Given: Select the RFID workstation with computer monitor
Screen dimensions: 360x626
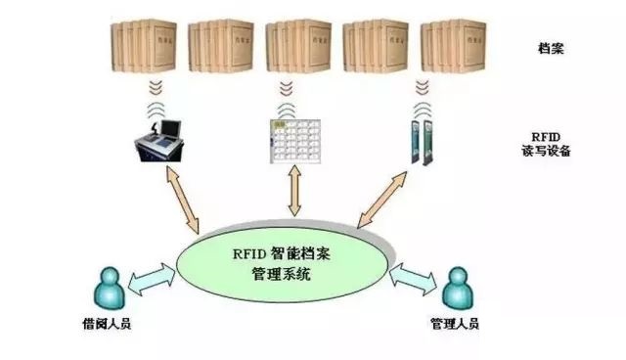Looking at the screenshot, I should click(161, 140).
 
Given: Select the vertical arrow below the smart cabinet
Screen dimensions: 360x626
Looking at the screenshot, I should click(293, 193).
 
